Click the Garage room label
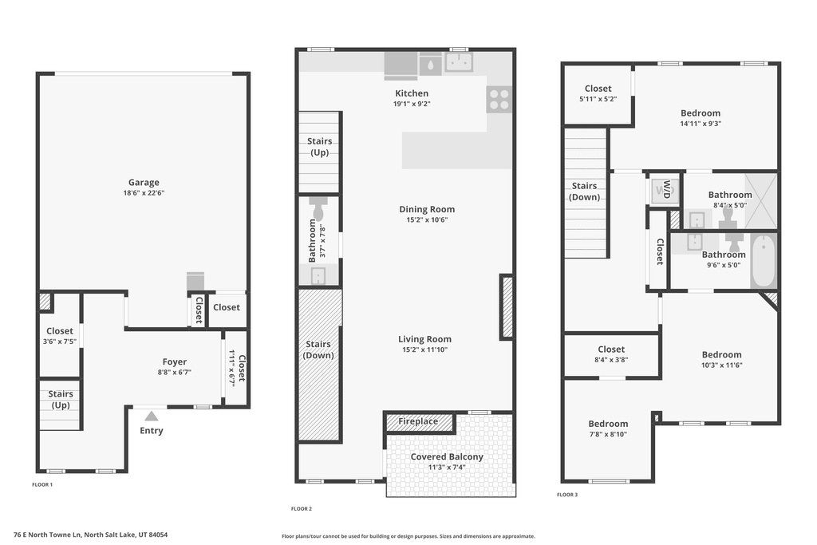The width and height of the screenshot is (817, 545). click(144, 183)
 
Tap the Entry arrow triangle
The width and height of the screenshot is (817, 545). click(151, 416)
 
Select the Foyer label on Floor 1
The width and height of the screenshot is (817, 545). click(174, 361)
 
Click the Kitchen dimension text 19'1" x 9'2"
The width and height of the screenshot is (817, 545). click(412, 104)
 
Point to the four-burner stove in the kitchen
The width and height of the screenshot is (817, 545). click(499, 100)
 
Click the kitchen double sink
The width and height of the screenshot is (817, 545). click(459, 62)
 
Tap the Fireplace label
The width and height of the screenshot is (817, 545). click(418, 421)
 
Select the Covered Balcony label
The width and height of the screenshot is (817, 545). click(447, 456)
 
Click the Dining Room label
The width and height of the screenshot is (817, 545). click(427, 209)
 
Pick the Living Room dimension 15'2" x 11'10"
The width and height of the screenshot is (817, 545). click(424, 350)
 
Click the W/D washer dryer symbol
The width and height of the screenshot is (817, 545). click(665, 190)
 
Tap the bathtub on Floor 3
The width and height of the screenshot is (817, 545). click(764, 260)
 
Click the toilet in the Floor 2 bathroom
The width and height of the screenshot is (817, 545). click(318, 209)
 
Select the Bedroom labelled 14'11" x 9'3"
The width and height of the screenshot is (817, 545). click(701, 113)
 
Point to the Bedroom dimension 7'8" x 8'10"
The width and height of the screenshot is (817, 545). click(608, 434)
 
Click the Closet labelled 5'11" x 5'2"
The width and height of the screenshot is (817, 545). click(598, 89)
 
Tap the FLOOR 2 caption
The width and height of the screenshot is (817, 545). click(302, 508)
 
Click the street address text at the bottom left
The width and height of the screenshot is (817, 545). click(91, 535)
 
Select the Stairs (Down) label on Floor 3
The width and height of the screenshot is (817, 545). click(584, 192)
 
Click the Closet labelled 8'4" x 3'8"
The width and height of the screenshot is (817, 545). click(611, 349)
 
